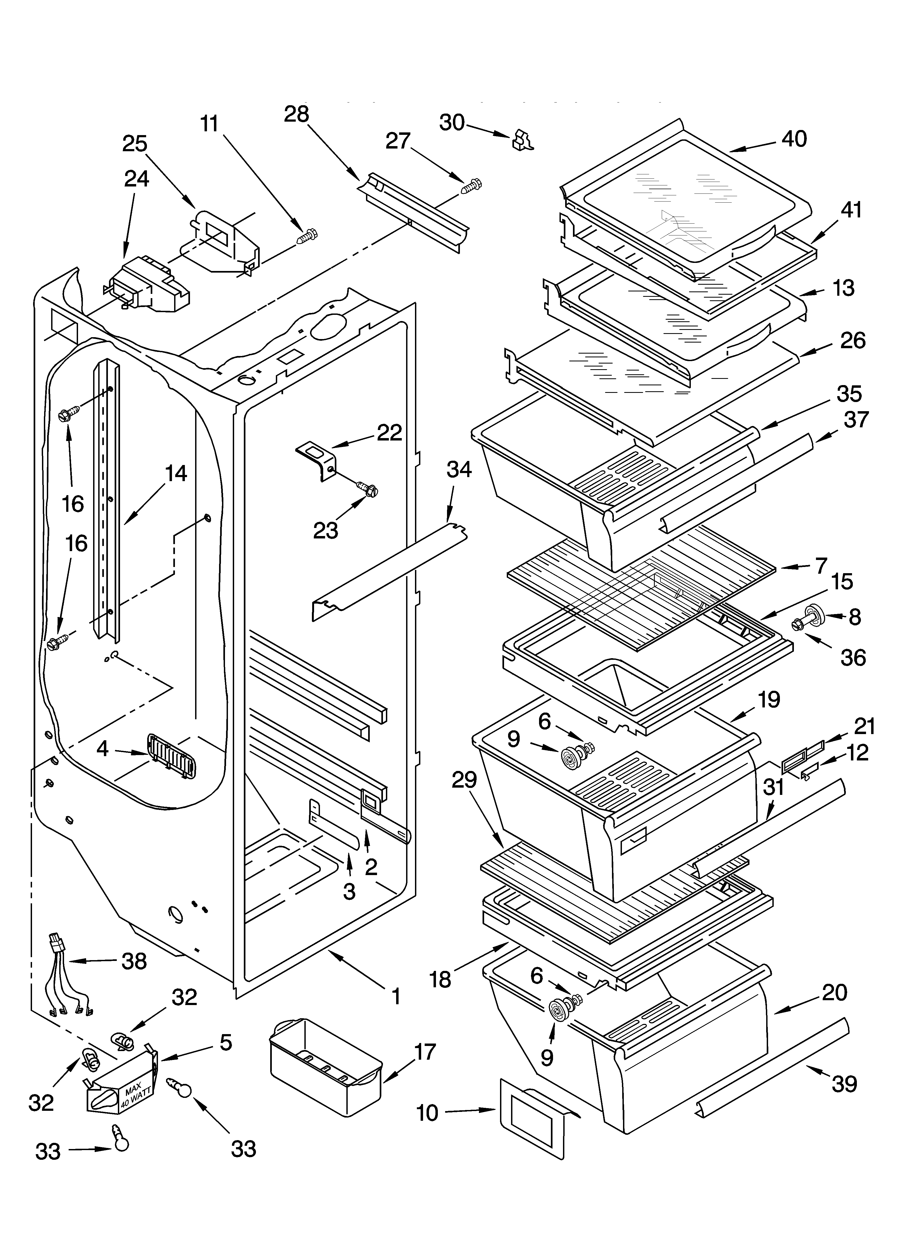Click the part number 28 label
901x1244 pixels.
(x=296, y=114)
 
